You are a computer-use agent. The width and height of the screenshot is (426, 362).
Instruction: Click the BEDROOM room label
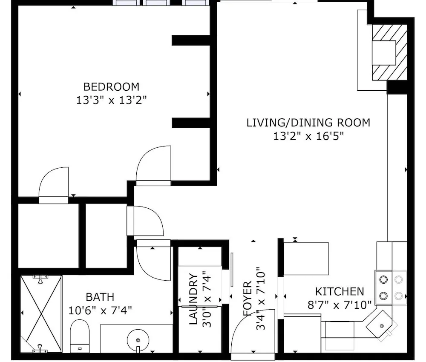[111, 87]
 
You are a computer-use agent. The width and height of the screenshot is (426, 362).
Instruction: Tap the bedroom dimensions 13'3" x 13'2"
[111, 100]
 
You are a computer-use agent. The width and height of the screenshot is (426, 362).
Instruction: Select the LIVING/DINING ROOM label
[308, 123]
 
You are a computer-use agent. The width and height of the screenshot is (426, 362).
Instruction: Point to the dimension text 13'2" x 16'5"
[308, 136]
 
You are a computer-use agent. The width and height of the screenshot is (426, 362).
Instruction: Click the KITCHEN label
[340, 292]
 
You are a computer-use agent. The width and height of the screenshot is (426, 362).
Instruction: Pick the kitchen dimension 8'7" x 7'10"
[340, 305]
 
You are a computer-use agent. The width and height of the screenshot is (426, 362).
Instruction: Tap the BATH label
[100, 297]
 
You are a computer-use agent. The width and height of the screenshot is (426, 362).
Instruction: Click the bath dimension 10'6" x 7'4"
[100, 310]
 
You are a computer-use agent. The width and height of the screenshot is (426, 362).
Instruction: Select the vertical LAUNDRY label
[193, 299]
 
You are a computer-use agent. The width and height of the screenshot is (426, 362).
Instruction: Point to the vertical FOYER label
[248, 299]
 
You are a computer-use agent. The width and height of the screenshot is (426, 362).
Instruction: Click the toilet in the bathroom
[80, 336]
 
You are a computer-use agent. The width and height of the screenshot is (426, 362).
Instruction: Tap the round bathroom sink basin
[138, 340]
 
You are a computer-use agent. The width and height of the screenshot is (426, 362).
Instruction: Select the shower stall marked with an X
[41, 314]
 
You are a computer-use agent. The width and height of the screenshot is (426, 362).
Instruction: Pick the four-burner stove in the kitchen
[391, 287]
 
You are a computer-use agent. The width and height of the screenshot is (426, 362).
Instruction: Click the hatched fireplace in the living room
[390, 52]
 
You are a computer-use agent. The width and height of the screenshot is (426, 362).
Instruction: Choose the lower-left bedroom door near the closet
[54, 185]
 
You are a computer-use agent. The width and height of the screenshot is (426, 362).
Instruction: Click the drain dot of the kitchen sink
[382, 326]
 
